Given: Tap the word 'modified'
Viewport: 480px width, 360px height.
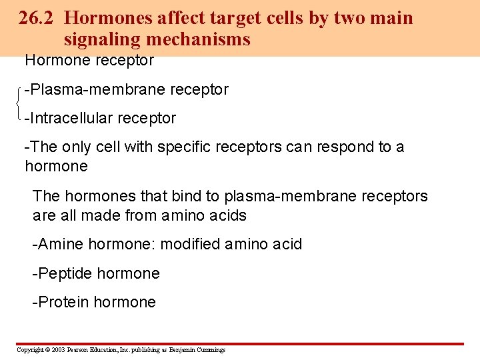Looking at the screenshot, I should coord(190,245).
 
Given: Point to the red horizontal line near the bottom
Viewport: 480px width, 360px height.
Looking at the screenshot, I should coord(240,344).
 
